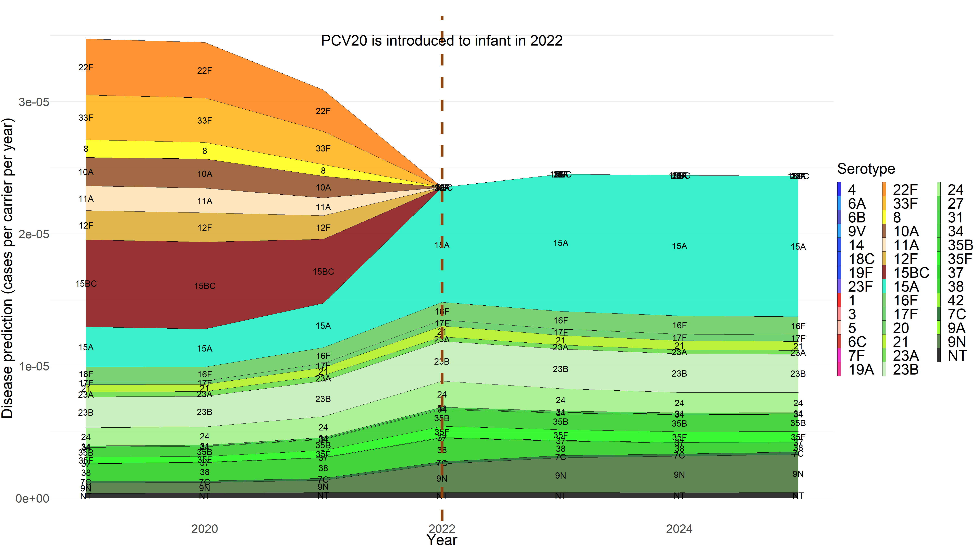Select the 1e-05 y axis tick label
[x=34, y=366]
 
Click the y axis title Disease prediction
[x=8, y=268]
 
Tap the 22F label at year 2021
[x=323, y=111]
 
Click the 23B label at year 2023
[x=560, y=369]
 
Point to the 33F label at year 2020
[x=205, y=121]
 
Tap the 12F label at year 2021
[x=323, y=228]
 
